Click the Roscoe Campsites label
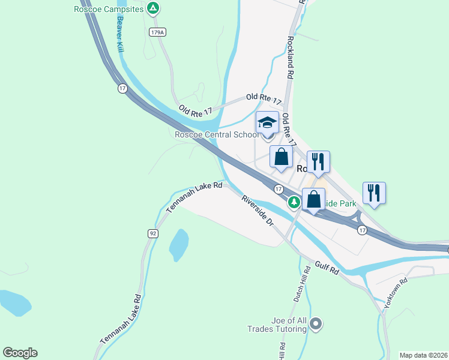(x=109, y=9)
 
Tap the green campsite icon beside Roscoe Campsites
(x=154, y=8)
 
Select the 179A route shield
(x=157, y=31)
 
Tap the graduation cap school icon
(x=267, y=123)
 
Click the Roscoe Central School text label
(x=217, y=134)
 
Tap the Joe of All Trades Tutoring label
(x=277, y=325)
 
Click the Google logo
(x=20, y=353)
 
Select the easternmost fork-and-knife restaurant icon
(x=374, y=193)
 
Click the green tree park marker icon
(x=294, y=202)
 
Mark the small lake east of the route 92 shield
(x=179, y=245)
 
